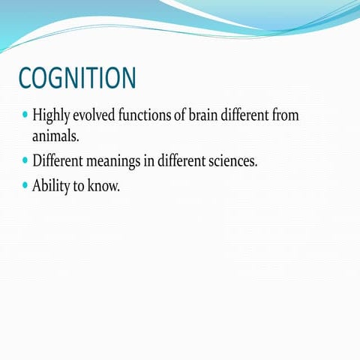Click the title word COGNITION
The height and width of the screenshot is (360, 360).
(x=77, y=78)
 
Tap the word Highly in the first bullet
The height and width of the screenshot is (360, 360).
(x=50, y=117)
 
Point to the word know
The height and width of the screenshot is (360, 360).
(x=103, y=185)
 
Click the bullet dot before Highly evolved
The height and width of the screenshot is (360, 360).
(x=25, y=117)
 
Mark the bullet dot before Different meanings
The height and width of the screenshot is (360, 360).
(x=25, y=160)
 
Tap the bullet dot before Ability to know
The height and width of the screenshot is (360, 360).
(x=25, y=184)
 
